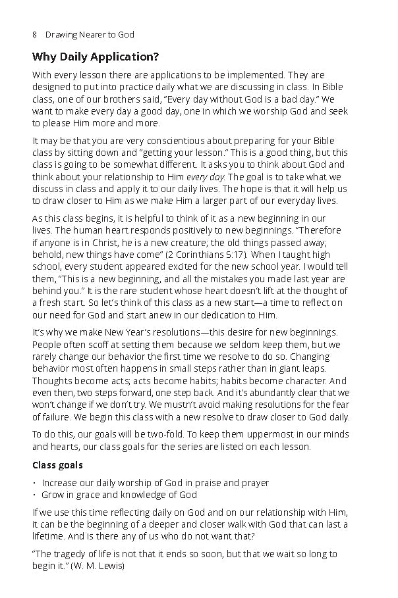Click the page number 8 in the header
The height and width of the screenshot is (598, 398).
tap(35, 34)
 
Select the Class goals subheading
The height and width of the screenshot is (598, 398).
tap(57, 465)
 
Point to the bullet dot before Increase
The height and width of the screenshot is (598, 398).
tap(34, 483)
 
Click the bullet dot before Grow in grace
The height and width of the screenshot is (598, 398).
tap(34, 495)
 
